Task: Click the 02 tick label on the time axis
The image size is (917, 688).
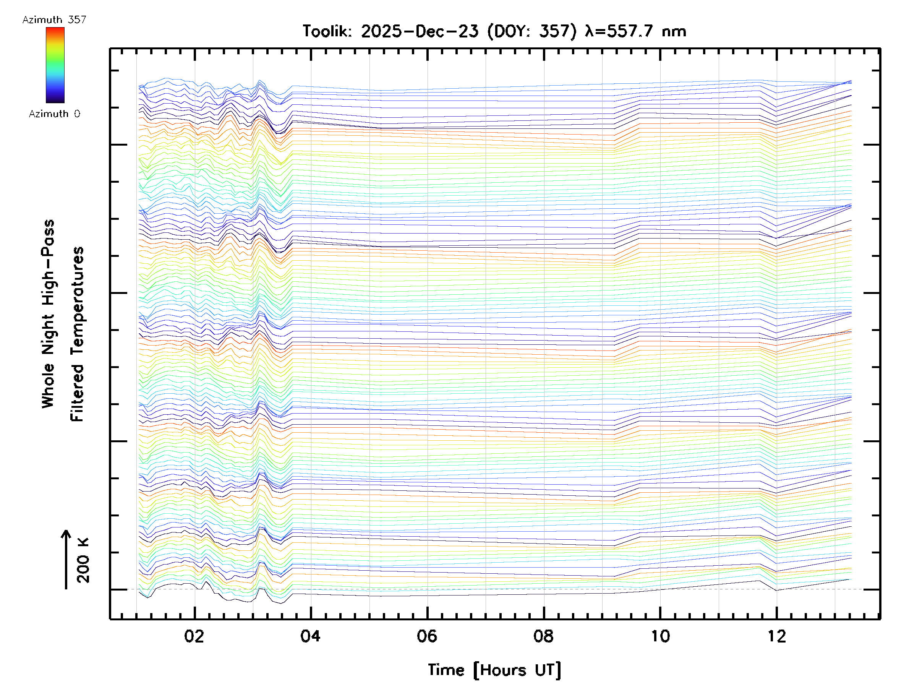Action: pos(194,636)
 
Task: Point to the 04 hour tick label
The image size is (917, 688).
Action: pos(311,636)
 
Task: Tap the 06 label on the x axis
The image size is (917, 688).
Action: pos(427,636)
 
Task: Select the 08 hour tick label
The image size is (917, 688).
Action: pos(543,636)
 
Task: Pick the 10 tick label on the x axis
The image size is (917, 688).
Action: pos(660,636)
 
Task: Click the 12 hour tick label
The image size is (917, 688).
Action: pos(776,636)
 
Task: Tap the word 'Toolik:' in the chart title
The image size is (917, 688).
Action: pos(327,31)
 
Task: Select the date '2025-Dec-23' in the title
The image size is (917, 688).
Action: pos(420,31)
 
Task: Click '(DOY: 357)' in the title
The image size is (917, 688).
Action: pos(532,31)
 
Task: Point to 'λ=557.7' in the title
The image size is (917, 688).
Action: pos(620,31)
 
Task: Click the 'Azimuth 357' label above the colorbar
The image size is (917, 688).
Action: pos(54,20)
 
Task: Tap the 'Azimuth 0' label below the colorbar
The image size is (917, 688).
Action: pos(54,114)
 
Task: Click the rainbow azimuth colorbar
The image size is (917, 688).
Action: pos(55,65)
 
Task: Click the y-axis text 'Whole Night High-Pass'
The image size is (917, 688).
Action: pos(48,314)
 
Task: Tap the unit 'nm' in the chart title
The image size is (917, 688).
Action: pos(674,31)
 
